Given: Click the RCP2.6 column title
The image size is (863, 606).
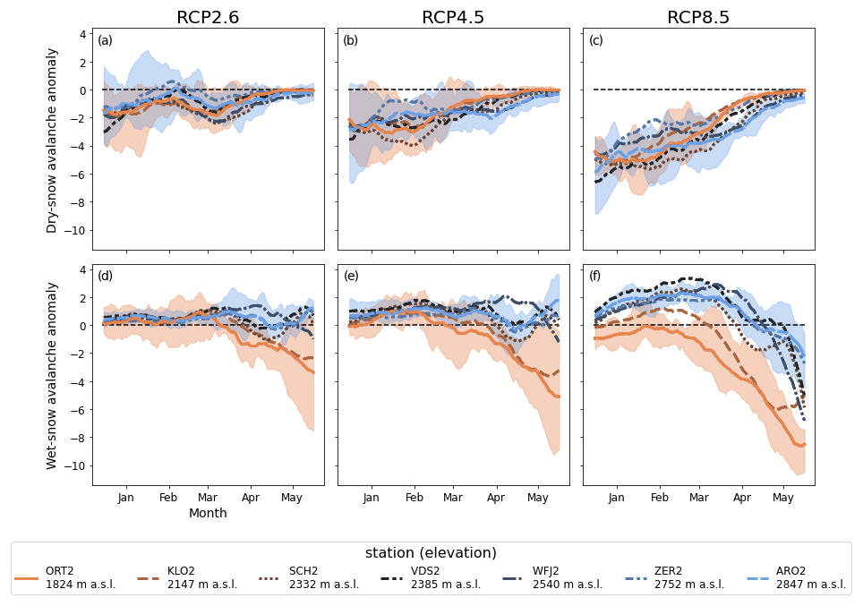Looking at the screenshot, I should [208, 18].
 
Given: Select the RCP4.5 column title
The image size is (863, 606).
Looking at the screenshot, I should [453, 18].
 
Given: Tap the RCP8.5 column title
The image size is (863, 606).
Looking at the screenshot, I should [698, 18].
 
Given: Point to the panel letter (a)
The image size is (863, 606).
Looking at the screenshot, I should [106, 40].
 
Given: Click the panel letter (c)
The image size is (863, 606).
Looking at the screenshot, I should [596, 40].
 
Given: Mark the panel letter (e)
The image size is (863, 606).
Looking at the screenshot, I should [351, 276].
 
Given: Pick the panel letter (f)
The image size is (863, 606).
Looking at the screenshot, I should [596, 276].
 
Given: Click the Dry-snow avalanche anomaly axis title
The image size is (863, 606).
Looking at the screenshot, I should [52, 141].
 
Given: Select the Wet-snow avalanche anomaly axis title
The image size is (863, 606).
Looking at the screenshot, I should [52, 376].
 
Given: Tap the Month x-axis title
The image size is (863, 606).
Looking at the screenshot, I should [208, 514].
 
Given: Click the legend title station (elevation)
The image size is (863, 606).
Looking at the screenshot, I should [431, 553].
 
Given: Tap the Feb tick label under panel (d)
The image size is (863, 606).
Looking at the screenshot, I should [168, 498].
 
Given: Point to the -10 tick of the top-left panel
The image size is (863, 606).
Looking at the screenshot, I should [79, 230].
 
